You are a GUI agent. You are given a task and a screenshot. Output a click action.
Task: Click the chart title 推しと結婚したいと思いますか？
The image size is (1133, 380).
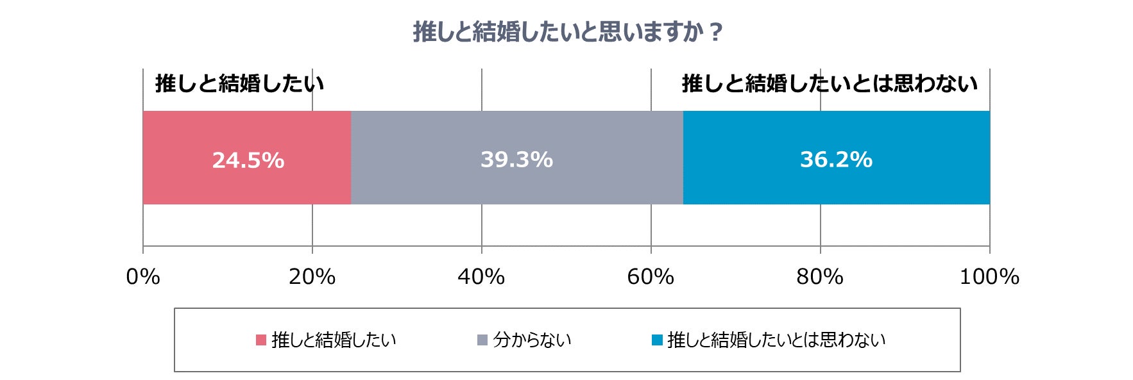click(x=568, y=31)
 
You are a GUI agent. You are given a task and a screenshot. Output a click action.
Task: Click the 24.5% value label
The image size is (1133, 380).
click(x=248, y=160)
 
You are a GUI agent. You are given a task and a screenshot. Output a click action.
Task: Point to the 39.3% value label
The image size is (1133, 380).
click(x=516, y=160)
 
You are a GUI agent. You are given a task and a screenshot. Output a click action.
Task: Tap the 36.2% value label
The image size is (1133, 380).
click(x=836, y=160)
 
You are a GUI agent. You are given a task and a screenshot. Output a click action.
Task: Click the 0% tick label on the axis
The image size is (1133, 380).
click(x=143, y=277)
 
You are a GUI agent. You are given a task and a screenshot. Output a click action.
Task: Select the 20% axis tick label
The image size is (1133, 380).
click(x=312, y=277)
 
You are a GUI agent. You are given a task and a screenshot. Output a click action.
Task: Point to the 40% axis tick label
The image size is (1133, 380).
click(x=481, y=277)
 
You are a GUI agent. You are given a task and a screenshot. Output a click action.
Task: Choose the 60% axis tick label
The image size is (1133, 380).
click(x=651, y=277)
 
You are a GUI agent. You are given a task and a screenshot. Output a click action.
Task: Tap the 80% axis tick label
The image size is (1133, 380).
click(x=820, y=277)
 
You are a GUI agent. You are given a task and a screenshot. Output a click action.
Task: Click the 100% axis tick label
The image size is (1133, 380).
click(x=989, y=277)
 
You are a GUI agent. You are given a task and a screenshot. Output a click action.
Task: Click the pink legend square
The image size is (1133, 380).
click(x=261, y=340)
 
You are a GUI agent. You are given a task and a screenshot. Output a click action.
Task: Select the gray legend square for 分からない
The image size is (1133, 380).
click(x=482, y=340)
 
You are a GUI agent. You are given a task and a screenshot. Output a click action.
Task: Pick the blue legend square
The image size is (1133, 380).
click(x=657, y=340)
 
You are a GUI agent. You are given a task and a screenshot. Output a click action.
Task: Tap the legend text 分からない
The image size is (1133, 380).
click(x=532, y=340)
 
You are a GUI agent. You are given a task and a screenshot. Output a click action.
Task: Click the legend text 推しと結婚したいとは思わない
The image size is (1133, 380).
click(x=776, y=340)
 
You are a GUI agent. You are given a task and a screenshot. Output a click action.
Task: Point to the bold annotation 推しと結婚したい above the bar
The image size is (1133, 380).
click(x=239, y=84)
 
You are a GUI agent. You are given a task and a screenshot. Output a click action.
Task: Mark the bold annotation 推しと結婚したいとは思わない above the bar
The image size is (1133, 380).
click(x=830, y=84)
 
